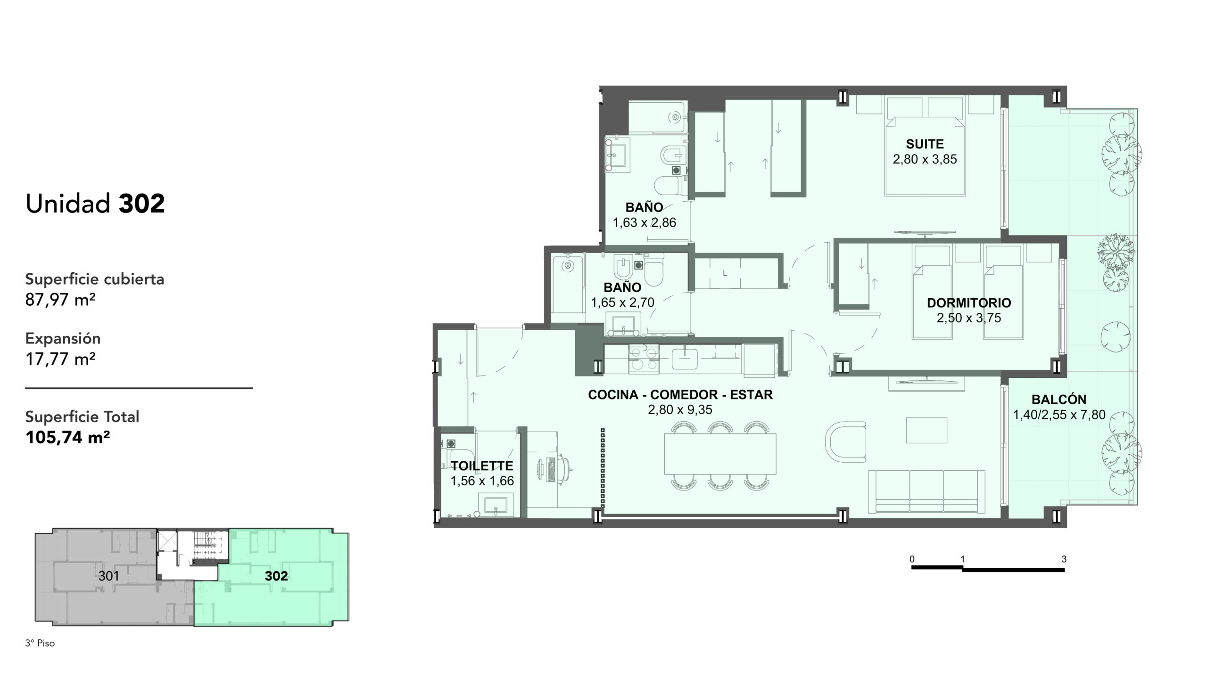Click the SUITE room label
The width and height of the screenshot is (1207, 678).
tap(925, 144)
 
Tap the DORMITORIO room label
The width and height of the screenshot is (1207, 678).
tap(969, 302)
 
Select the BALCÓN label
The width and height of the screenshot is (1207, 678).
tap(1059, 399)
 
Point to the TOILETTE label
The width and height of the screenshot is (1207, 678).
tap(482, 466)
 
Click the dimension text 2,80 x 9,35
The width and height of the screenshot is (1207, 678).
tap(680, 410)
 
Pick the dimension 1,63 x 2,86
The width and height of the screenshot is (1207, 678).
tap(644, 222)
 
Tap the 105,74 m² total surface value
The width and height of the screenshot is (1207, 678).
tap(67, 438)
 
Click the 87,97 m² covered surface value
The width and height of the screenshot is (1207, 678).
tap(60, 300)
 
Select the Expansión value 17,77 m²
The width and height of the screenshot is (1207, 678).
tap(60, 359)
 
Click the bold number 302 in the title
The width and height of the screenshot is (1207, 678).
tap(141, 204)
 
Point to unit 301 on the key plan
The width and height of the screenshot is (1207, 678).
tap(108, 576)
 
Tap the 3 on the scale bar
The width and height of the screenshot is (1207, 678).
tap(1064, 559)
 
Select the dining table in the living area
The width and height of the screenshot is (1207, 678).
tap(720, 454)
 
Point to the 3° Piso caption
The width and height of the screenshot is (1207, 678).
tap(40, 643)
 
